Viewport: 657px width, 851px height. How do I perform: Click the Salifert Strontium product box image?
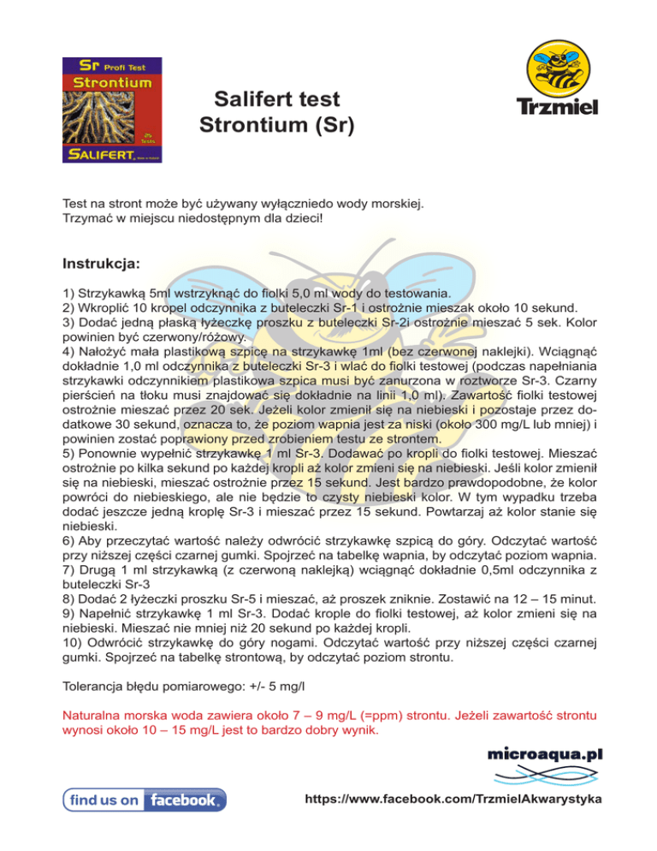110,110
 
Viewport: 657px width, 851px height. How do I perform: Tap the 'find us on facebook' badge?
145,800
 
